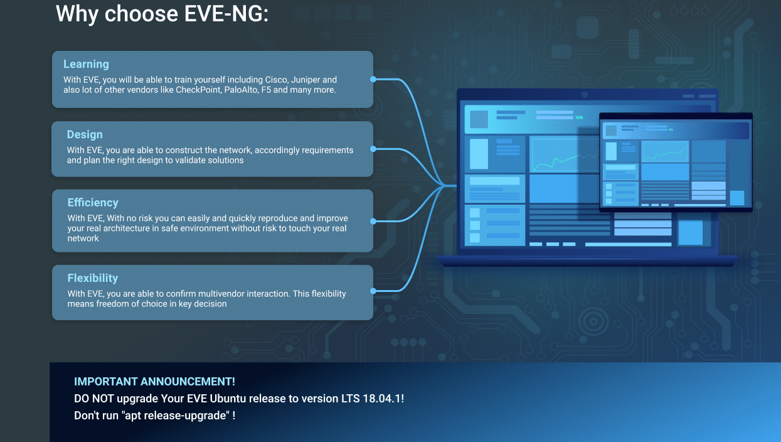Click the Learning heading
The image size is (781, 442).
tap(86, 65)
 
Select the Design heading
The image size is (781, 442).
tap(85, 134)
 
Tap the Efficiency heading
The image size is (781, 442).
tap(93, 203)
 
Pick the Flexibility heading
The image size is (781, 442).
tap(93, 278)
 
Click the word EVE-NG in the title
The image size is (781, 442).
tap(226, 14)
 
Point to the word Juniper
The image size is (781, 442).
tap(306, 80)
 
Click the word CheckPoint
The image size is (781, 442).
tap(198, 90)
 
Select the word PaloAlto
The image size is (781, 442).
tap(241, 90)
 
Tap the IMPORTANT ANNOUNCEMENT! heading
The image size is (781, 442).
tap(154, 382)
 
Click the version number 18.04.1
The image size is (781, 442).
tap(382, 399)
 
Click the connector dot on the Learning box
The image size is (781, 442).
tap(373, 79)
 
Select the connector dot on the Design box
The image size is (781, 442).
tap(373, 149)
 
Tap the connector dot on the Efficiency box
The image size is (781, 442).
tap(373, 221)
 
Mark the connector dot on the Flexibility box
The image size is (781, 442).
tap(373, 291)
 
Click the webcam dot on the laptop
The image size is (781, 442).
tap(585, 94)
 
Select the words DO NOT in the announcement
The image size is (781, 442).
tap(94, 399)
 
